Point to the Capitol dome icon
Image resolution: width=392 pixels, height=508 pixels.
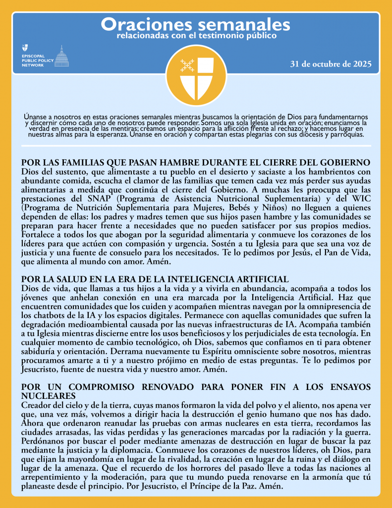[61, 56]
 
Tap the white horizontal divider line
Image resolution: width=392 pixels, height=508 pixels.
[195, 146]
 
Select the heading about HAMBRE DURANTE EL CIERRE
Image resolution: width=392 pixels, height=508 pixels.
[195, 163]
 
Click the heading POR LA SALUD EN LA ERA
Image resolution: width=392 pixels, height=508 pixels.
[155, 279]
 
